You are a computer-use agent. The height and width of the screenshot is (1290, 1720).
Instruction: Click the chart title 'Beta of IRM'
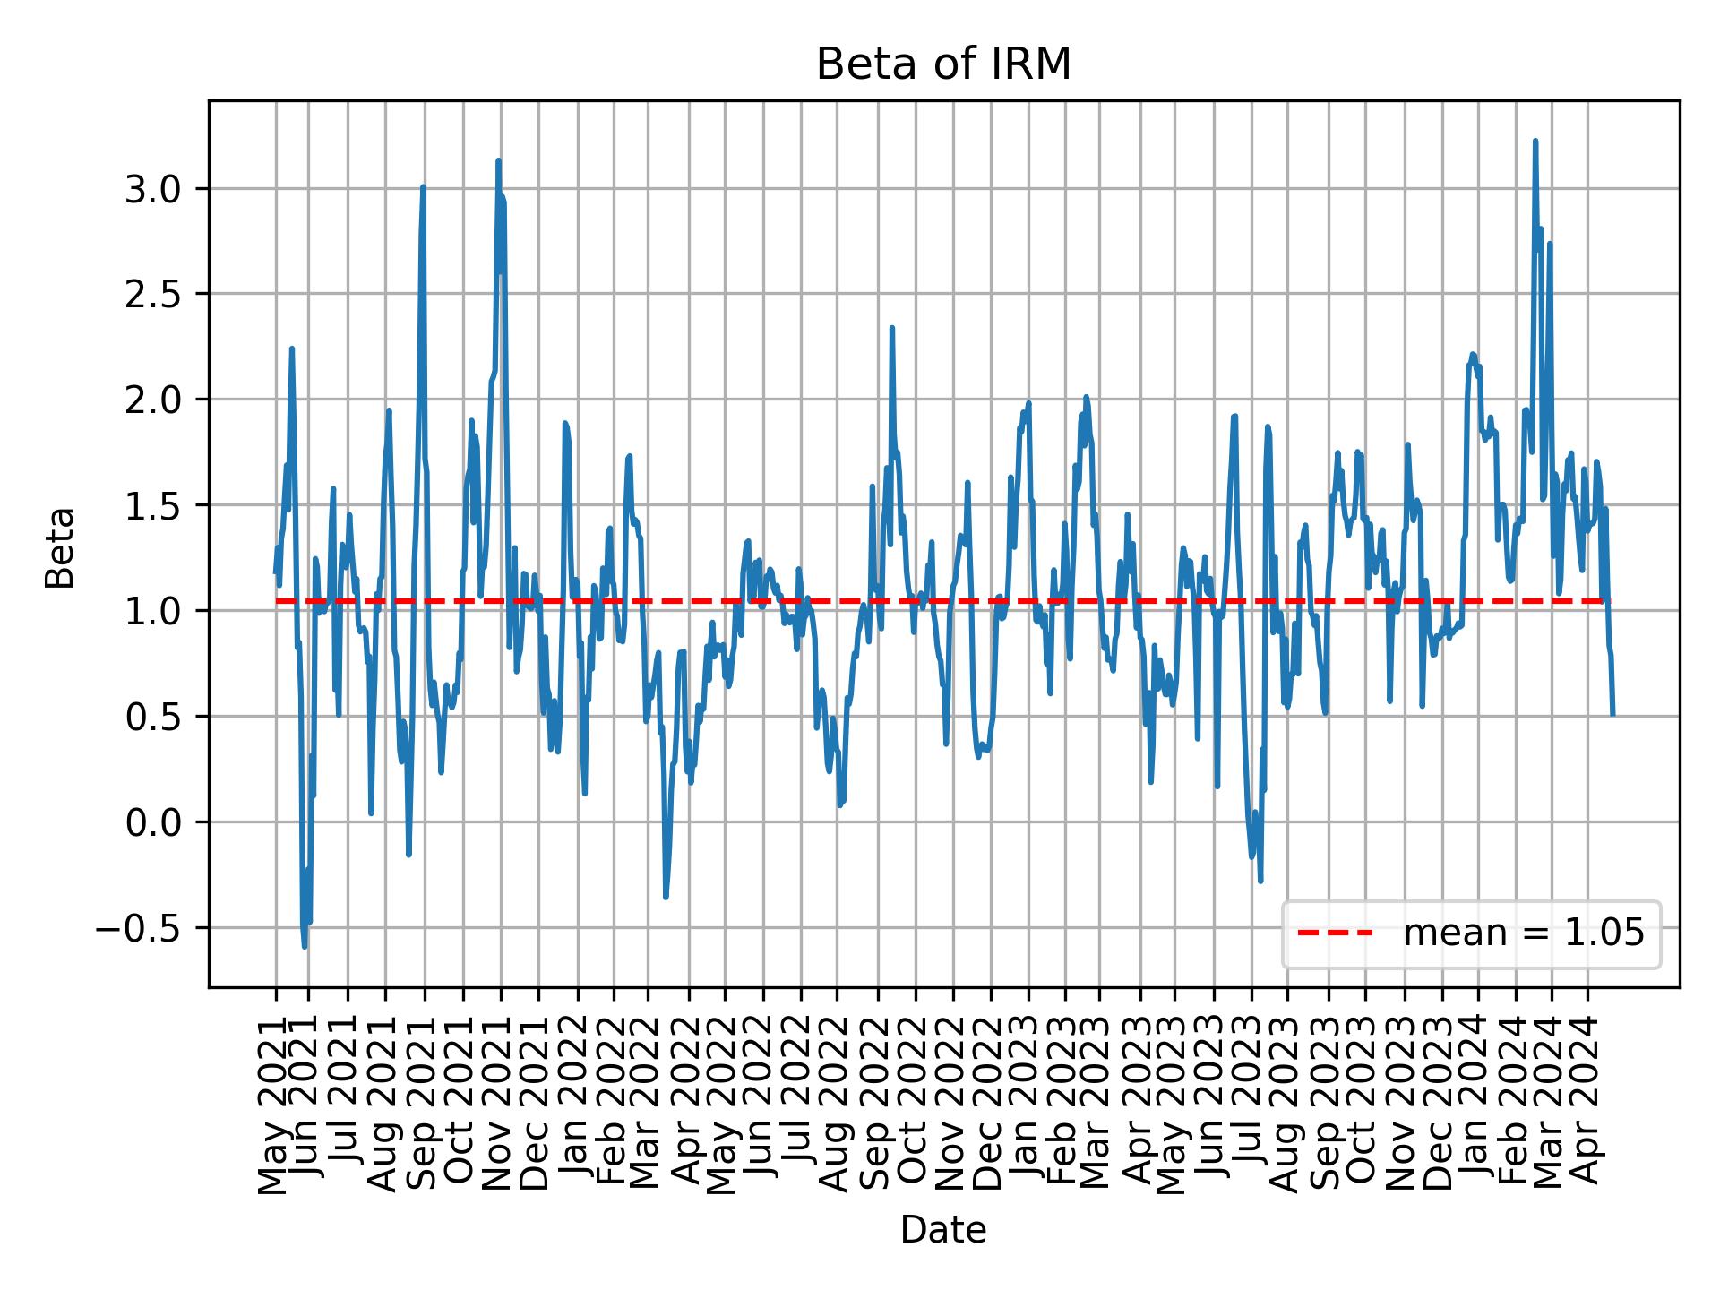pos(943,65)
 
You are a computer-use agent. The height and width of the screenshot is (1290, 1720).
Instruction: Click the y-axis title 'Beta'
pos(60,547)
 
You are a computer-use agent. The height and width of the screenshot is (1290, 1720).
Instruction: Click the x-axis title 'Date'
pos(943,1231)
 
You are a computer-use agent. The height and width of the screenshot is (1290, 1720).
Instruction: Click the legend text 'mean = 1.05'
pos(1523,933)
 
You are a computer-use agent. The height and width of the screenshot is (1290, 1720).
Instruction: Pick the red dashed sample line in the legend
pos(1335,933)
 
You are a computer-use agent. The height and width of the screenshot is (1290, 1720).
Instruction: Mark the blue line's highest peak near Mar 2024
pos(1535,142)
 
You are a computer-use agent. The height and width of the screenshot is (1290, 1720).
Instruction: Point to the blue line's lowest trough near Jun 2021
pos(305,946)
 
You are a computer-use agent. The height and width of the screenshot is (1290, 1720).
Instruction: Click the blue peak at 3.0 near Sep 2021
pos(423,187)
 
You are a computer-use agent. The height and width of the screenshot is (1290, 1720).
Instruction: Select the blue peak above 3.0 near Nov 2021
pos(498,161)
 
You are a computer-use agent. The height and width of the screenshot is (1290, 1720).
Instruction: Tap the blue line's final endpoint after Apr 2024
pos(1612,714)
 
